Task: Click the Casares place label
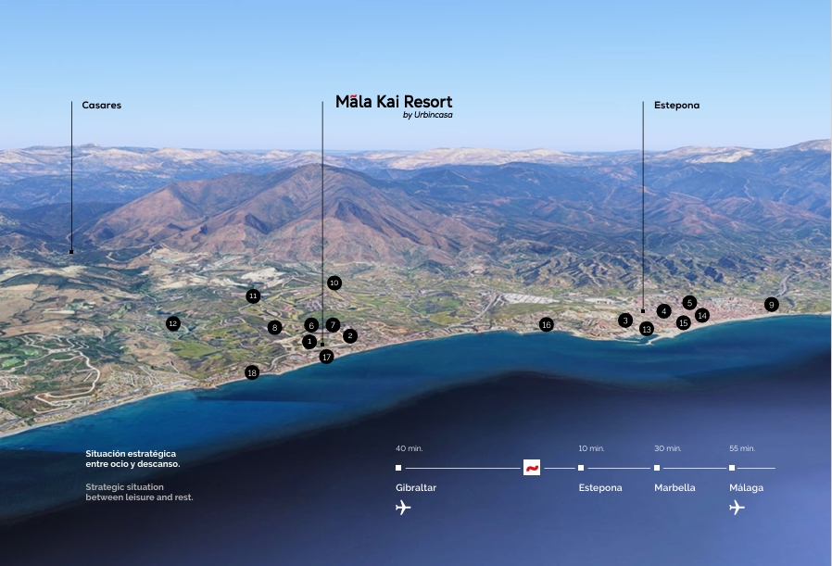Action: pyautogui.click(x=101, y=106)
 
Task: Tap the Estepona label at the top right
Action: pyautogui.click(x=676, y=106)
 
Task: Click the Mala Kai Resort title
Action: pyautogui.click(x=394, y=102)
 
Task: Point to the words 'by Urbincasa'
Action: pyautogui.click(x=428, y=116)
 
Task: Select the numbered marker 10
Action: pyautogui.click(x=334, y=283)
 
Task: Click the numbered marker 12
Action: pyautogui.click(x=172, y=323)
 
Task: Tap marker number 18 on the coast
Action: pyautogui.click(x=252, y=372)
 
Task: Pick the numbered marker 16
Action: pyautogui.click(x=547, y=324)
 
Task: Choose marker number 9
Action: pyautogui.click(x=772, y=305)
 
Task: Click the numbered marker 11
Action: pyautogui.click(x=253, y=296)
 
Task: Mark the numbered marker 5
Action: pyautogui.click(x=689, y=303)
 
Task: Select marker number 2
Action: pyautogui.click(x=350, y=336)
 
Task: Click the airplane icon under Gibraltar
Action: pyautogui.click(x=403, y=508)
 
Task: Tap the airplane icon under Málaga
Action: pyautogui.click(x=737, y=508)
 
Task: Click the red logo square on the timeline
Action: pyautogui.click(x=532, y=468)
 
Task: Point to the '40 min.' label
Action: pyautogui.click(x=409, y=448)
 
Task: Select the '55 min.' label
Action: pyautogui.click(x=742, y=448)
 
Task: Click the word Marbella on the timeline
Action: pyautogui.click(x=674, y=488)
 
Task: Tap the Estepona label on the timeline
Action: pyautogui.click(x=600, y=488)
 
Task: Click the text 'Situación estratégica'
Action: pyautogui.click(x=131, y=454)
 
